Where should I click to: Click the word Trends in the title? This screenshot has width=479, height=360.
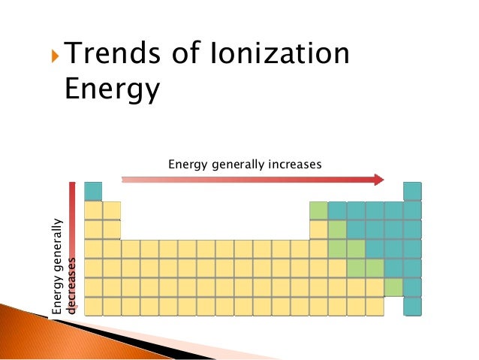113,53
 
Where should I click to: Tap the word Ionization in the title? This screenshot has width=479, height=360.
279,53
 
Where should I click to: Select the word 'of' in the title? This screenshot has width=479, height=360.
185,53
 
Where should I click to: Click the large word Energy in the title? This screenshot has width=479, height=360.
113,89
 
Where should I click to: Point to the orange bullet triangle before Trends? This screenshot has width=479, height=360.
55,56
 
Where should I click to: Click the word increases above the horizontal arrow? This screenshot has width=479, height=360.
295,165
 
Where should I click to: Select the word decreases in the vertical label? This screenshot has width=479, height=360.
71,286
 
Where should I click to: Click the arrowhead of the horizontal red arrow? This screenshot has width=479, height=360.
379,180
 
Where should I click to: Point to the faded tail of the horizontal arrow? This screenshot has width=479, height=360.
128,180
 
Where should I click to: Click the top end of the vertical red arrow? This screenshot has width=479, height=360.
72,183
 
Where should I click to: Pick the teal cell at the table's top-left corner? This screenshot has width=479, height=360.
93,191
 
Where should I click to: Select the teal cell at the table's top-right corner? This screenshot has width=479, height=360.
412,191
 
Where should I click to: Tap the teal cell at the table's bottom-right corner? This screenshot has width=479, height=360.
412,307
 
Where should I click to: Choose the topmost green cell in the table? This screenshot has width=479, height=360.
318,210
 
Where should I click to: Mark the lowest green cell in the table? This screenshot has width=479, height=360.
393,287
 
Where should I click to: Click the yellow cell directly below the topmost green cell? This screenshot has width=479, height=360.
318,230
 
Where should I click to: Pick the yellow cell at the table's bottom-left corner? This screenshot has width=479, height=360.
93,307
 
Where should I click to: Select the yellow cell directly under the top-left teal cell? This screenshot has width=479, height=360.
93,210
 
